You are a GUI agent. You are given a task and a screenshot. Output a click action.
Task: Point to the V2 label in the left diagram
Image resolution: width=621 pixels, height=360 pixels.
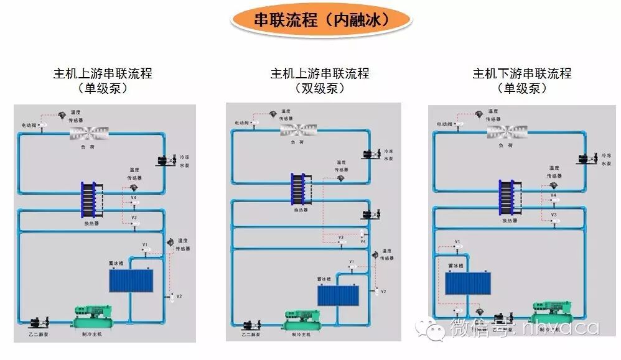(179, 296)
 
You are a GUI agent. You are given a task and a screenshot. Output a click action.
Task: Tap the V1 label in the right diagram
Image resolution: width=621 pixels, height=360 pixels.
(457, 241)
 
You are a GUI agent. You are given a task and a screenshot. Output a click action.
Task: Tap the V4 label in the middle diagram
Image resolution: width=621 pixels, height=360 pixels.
(363, 241)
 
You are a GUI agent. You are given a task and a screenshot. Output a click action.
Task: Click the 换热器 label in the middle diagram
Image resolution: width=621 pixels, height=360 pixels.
(301, 210)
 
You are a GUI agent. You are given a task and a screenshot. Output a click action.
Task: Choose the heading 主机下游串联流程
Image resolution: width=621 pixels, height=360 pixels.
(521, 73)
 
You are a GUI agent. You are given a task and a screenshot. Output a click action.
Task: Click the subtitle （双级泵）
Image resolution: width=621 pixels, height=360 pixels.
(319, 88)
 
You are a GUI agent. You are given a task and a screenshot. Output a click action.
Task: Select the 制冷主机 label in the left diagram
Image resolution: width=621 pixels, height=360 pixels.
(91, 334)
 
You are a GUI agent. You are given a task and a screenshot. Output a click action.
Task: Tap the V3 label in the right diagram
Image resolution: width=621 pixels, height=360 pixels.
(553, 215)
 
